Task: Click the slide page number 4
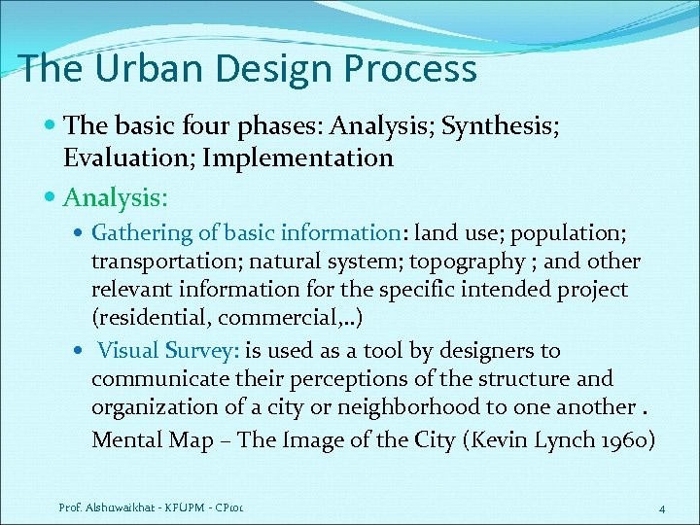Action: click(x=661, y=508)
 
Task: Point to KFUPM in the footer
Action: click(x=182, y=507)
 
